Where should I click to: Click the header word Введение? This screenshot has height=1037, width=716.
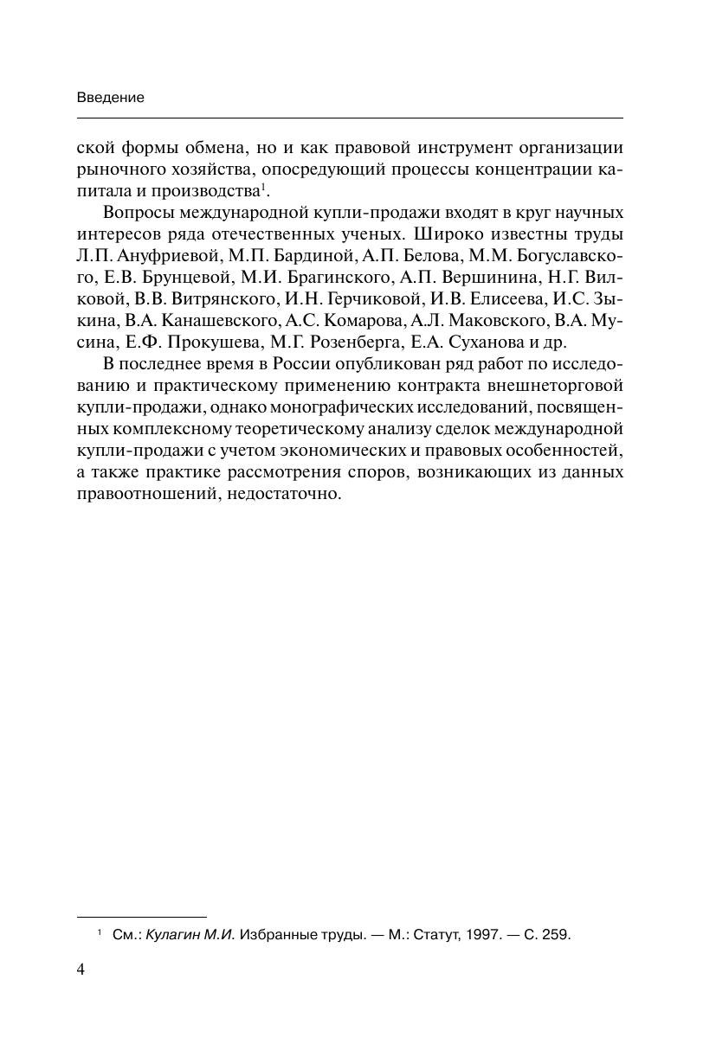tap(110, 98)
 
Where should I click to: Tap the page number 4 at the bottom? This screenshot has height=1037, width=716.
tap(81, 969)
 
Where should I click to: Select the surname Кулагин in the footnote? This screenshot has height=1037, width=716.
tap(172, 935)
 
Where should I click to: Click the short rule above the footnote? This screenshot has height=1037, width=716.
tap(142, 916)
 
